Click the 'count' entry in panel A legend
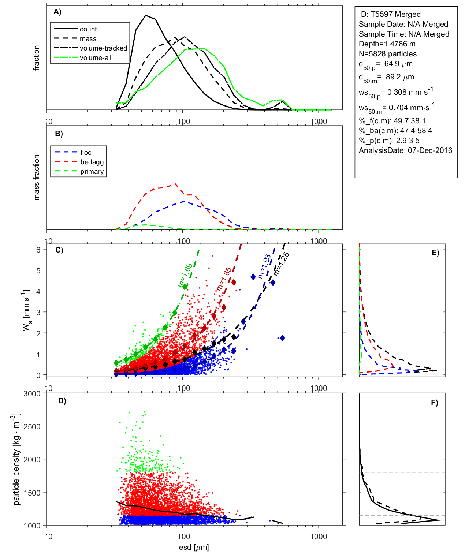88,29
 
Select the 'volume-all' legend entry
95,58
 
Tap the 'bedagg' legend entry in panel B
92,162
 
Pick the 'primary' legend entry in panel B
92,172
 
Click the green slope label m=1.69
185,275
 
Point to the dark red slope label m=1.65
224,279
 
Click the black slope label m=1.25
281,264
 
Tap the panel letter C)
59,250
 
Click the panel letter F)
434,403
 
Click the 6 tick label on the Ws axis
38,250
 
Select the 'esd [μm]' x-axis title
194,548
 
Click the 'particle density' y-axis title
16,459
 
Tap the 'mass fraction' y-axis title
36,178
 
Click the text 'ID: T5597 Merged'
390,14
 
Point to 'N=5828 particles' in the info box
387,54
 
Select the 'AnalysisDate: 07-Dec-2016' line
405,150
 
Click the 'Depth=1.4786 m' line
387,44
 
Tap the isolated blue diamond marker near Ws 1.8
282,338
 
